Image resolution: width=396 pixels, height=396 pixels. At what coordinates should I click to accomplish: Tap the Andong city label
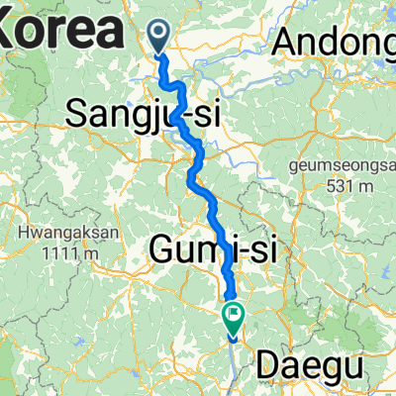click(336, 41)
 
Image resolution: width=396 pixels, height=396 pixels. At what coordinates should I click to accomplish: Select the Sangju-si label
click(143, 114)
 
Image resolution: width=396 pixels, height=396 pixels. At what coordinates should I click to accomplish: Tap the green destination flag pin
click(235, 318)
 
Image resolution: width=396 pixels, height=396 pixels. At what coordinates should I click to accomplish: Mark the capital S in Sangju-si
click(78, 114)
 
